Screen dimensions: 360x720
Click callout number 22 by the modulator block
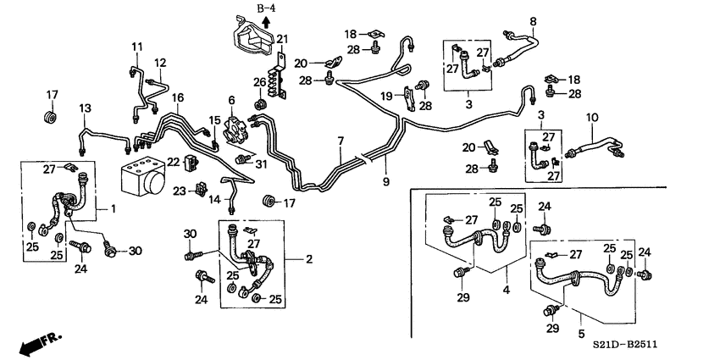click(x=173, y=162)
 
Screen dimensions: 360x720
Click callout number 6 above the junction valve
click(x=230, y=100)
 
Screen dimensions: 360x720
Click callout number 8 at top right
click(x=533, y=20)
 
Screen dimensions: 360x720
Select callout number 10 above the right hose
click(x=592, y=117)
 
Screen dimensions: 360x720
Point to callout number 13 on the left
click(x=85, y=108)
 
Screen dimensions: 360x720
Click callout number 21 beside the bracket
click(x=283, y=38)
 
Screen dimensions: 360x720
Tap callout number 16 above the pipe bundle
click(x=177, y=98)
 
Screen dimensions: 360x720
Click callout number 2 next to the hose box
click(x=310, y=258)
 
